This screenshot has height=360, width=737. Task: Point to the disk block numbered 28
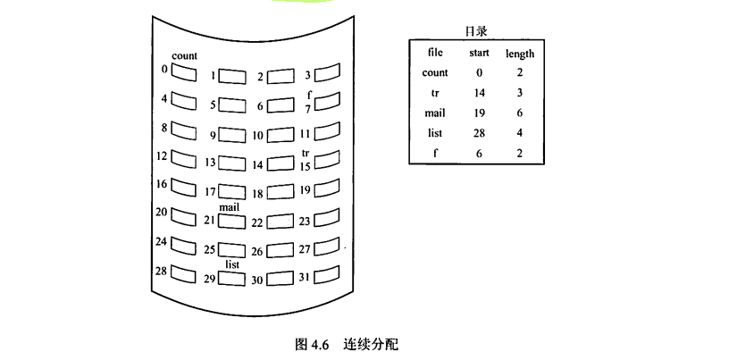[x=185, y=272]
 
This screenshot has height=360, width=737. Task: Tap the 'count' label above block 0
[x=184, y=56]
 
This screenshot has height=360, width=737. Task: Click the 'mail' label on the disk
[x=230, y=206]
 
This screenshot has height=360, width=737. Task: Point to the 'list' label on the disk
[x=232, y=264]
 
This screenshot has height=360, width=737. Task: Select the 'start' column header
[x=479, y=54]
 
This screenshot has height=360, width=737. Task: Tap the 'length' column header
[x=520, y=54]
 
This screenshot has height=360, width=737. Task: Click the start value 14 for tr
[x=479, y=93]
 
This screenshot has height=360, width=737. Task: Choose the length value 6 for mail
[x=520, y=113]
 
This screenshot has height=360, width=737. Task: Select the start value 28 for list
[x=479, y=132]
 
